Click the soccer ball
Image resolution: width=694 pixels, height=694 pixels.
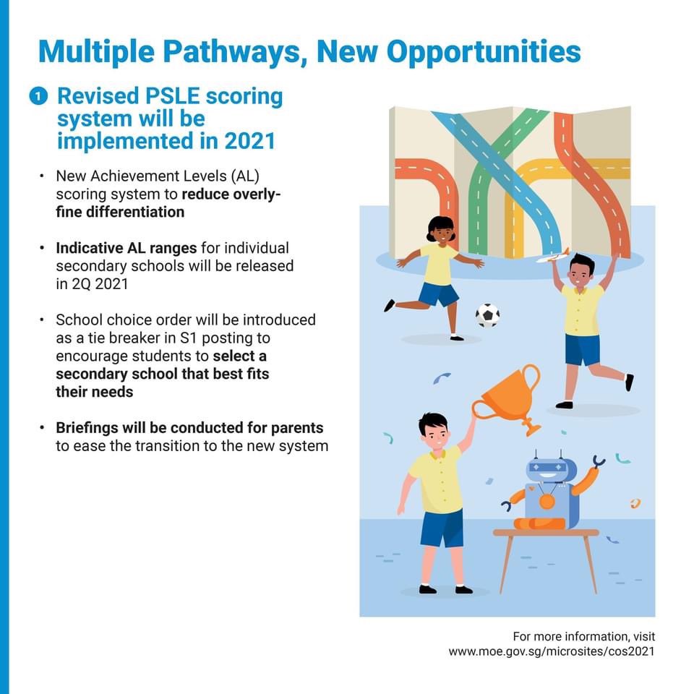(x=487, y=315)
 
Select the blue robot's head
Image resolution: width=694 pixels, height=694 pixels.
(x=550, y=469)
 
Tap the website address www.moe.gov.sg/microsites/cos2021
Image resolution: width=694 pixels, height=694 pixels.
(x=552, y=651)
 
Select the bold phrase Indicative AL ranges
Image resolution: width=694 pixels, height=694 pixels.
(x=127, y=248)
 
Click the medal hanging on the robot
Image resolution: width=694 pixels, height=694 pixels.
(x=547, y=501)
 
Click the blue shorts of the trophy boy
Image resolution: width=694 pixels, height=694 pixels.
(x=442, y=528)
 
